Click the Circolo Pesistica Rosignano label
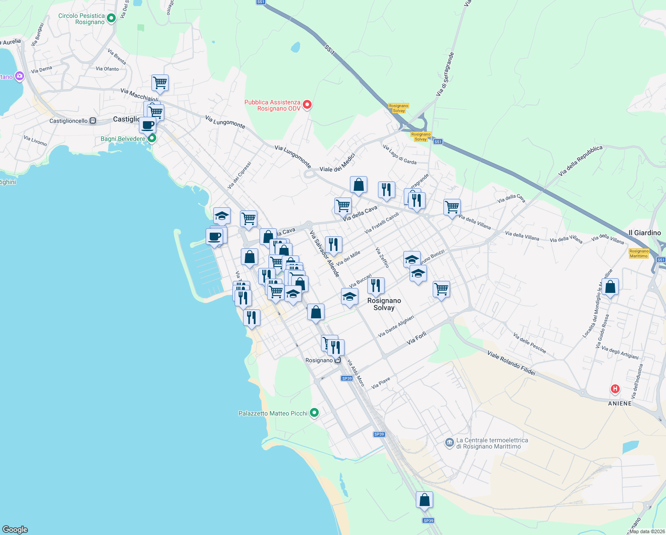click(x=81, y=19)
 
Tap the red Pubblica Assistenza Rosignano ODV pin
click(x=307, y=105)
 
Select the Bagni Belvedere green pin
click(x=152, y=138)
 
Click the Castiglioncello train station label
click(x=69, y=121)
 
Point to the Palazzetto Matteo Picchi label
click(x=273, y=413)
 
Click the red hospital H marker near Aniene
click(x=615, y=389)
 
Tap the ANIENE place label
click(x=620, y=403)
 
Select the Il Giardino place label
click(x=645, y=233)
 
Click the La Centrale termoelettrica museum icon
click(x=449, y=443)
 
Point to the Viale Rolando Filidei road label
click(x=511, y=363)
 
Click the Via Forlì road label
click(x=417, y=338)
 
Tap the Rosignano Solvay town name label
click(x=384, y=304)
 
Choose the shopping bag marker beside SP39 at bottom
click(x=424, y=500)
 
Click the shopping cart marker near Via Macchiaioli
click(x=160, y=82)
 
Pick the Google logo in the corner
click(x=15, y=530)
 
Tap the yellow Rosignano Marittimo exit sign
click(x=639, y=253)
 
